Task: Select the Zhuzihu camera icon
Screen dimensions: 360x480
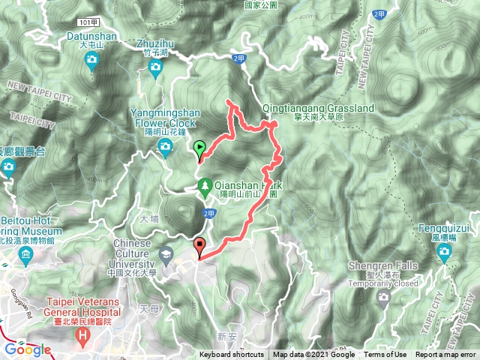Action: click(x=155, y=70)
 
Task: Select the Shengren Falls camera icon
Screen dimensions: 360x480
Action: click(x=385, y=297)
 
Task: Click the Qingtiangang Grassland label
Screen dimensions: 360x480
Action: click(x=319, y=108)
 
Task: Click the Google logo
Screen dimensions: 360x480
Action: click(x=28, y=349)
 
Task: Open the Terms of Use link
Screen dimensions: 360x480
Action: click(x=385, y=355)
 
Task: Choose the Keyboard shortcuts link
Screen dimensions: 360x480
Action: click(x=231, y=355)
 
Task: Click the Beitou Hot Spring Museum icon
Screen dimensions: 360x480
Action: click(x=25, y=257)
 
